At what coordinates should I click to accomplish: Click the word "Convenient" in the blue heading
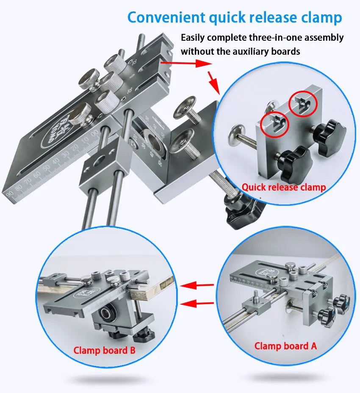pos(166,17)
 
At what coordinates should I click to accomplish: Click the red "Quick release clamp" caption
pos(283,187)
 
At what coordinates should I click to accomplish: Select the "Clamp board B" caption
pos(104,350)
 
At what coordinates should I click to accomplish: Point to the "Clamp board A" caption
pos(285,346)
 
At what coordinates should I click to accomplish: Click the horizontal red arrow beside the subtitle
pos(186,63)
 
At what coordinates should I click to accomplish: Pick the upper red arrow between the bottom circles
pos(197,285)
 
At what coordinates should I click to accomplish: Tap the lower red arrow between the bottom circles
pos(197,304)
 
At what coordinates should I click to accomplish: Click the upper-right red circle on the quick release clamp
pos(303,103)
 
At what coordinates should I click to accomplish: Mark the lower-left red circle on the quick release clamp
pos(274,125)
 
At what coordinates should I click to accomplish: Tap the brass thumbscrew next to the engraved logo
pos(81,114)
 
